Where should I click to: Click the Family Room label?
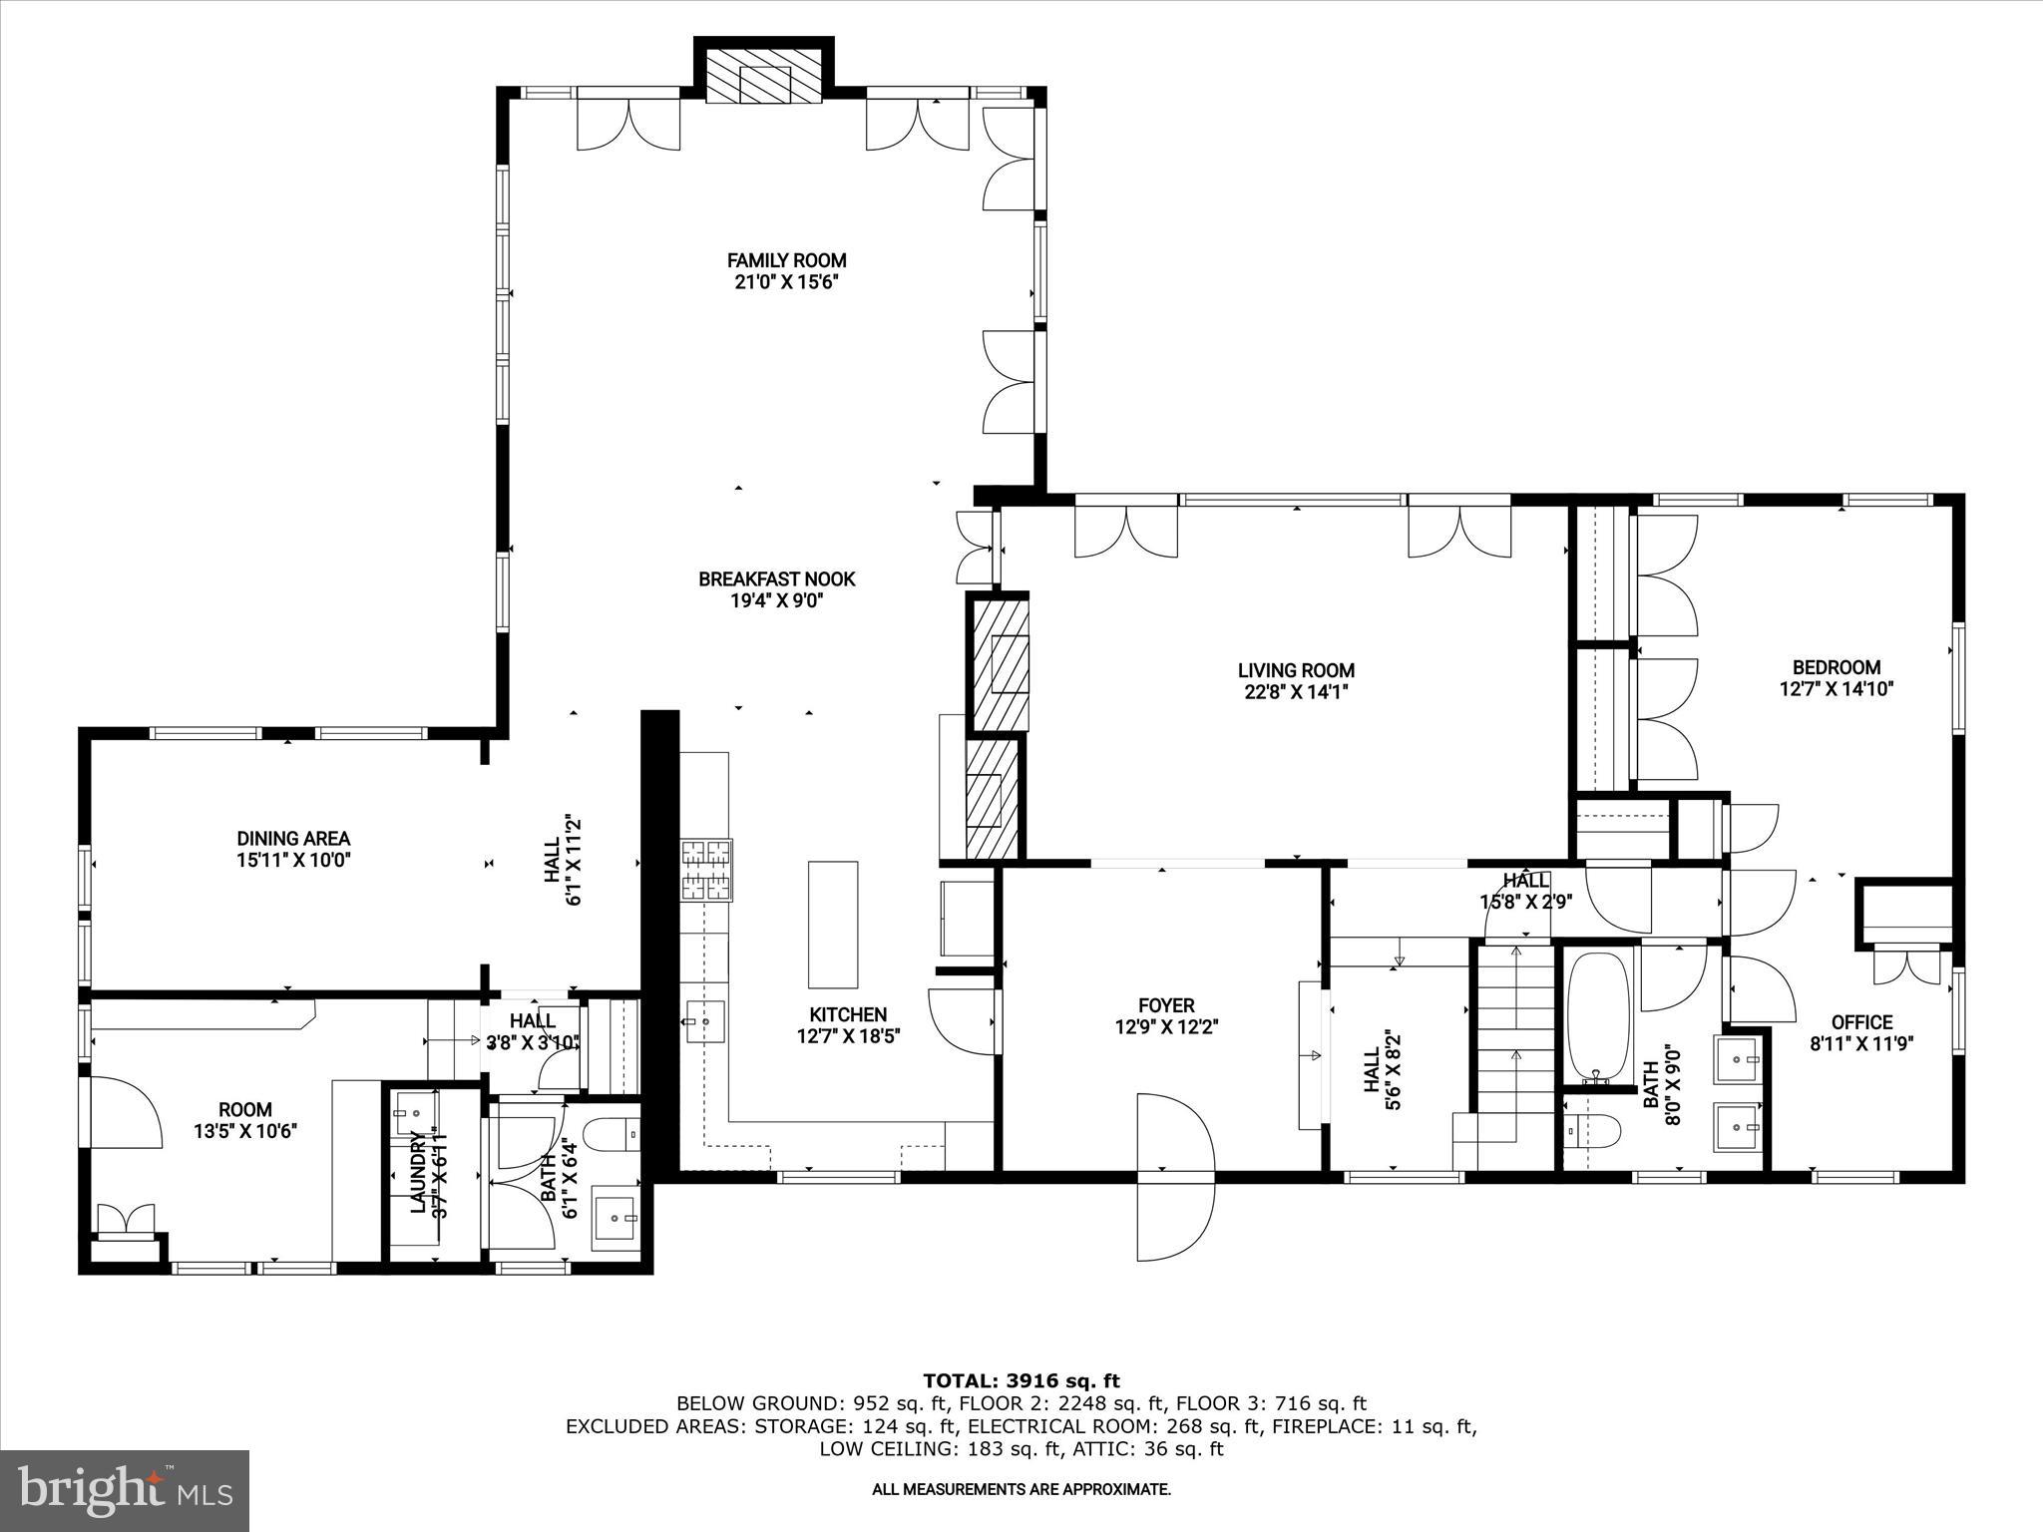tap(786, 260)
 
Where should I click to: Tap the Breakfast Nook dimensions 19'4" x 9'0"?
tap(776, 600)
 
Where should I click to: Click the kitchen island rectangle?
tap(833, 924)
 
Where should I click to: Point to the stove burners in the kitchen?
tap(706, 870)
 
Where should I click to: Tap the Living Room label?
tap(1296, 671)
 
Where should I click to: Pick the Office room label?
tap(1861, 1022)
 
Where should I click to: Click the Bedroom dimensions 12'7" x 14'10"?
tap(1836, 688)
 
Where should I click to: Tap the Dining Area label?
tap(293, 839)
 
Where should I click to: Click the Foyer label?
tap(1166, 1005)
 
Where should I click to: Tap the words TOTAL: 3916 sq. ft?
tap(1021, 1381)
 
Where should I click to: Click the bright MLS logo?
tap(126, 1491)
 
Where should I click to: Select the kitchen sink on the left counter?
tap(704, 1022)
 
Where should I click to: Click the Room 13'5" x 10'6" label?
tap(245, 1109)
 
